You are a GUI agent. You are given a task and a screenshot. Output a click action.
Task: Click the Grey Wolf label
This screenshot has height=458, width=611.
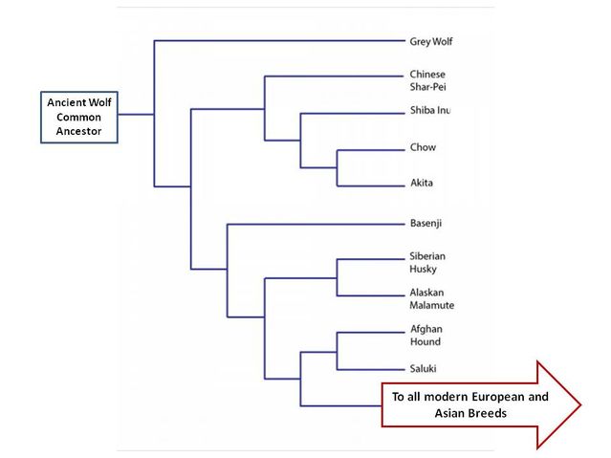430,41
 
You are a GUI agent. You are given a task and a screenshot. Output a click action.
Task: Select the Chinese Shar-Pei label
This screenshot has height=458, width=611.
427,80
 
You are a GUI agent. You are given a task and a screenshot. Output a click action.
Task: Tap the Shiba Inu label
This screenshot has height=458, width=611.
429,112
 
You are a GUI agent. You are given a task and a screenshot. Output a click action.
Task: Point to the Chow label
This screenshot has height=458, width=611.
422,148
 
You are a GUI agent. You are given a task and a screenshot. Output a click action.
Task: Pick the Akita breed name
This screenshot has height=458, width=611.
422,185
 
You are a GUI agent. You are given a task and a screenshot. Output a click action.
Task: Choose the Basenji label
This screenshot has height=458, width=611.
426,224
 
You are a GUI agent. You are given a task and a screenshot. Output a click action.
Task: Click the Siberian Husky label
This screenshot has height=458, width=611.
427,262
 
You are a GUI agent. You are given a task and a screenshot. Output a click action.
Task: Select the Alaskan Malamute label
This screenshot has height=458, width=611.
431,298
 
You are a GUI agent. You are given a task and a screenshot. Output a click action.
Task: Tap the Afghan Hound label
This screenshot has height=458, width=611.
426,335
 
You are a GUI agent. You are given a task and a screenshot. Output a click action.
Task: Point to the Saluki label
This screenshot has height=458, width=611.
424,368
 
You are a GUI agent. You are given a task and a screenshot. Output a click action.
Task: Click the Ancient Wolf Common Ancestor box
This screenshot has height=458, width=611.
78,118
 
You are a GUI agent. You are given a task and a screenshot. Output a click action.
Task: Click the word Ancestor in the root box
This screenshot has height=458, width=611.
78,133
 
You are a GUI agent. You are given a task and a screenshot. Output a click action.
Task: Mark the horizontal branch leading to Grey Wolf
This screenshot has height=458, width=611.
277,41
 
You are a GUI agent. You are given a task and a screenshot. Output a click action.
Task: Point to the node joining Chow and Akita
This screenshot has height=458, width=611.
337,167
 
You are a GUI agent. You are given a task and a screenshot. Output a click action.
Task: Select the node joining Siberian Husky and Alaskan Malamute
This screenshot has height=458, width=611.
337,276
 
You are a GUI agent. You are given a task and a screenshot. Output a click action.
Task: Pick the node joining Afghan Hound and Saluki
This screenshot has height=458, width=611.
337,350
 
